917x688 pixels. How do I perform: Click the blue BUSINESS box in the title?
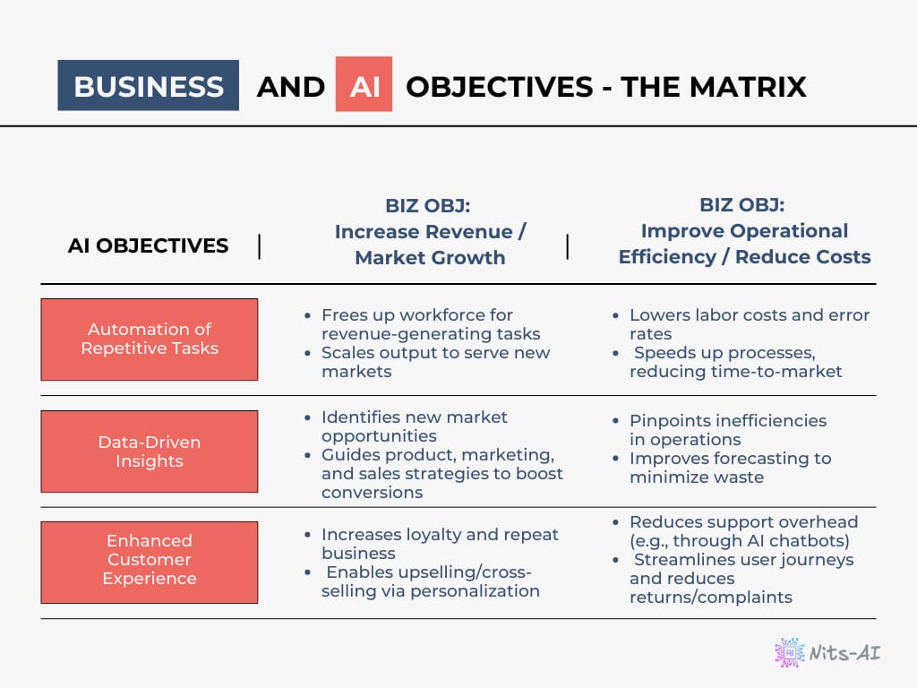pos(148,85)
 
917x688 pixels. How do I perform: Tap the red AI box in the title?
pos(364,84)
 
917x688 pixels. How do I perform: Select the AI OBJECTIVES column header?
pos(148,245)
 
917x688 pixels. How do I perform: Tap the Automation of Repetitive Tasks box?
pos(150,340)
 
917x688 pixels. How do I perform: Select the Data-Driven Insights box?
pos(150,451)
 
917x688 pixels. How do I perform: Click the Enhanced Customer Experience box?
pos(150,563)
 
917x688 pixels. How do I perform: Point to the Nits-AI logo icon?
pos(790,652)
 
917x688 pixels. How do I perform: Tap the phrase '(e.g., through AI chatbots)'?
pos(739,540)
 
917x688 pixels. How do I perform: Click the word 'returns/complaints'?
pos(710,598)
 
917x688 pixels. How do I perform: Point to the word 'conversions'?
pos(372,493)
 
